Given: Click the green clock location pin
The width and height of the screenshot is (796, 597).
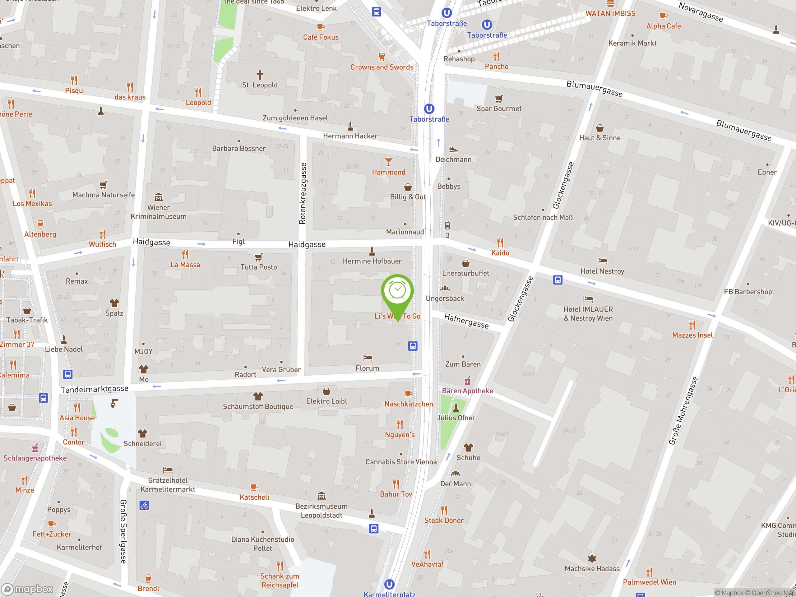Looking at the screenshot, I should pyautogui.click(x=397, y=291).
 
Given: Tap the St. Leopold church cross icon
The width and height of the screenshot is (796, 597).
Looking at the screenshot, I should pyautogui.click(x=260, y=75).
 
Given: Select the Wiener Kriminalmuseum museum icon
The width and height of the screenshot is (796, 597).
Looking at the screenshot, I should pyautogui.click(x=158, y=197).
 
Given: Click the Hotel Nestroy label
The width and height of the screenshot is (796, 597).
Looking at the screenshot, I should pyautogui.click(x=602, y=271).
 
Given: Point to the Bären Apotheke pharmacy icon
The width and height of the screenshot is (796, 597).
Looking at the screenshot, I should pyautogui.click(x=467, y=381).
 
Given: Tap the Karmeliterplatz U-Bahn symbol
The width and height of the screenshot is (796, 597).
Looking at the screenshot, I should pyautogui.click(x=389, y=584).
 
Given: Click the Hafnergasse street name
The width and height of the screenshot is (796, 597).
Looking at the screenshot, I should pyautogui.click(x=466, y=321).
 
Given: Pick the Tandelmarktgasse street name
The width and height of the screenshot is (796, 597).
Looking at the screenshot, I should pyautogui.click(x=95, y=389).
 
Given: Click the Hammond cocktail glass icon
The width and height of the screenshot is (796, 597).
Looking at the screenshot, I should pyautogui.click(x=389, y=162).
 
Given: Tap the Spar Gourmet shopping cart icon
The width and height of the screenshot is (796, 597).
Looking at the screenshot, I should pyautogui.click(x=499, y=99).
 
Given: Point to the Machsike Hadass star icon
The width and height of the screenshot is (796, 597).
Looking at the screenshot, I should pyautogui.click(x=592, y=558).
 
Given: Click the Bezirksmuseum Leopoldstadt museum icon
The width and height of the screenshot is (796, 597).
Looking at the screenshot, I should pyautogui.click(x=321, y=496).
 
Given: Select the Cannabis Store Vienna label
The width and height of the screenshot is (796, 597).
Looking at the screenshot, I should pyautogui.click(x=401, y=462).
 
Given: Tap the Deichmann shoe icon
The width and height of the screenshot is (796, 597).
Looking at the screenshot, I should pyautogui.click(x=453, y=149).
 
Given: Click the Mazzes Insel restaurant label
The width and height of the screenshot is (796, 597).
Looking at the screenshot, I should pyautogui.click(x=692, y=335).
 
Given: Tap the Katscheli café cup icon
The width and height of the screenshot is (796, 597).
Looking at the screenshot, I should pyautogui.click(x=254, y=487).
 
